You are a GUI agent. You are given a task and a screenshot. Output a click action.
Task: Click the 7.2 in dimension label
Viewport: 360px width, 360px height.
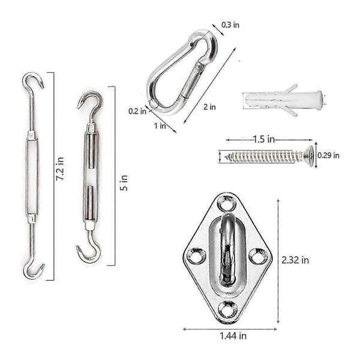(60, 169)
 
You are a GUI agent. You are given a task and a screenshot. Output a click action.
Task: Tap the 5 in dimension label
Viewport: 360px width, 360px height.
(124, 183)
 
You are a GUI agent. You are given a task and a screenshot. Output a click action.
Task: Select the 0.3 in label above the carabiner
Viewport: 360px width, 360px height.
(230, 25)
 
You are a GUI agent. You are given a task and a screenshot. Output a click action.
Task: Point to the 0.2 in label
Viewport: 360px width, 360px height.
(137, 112)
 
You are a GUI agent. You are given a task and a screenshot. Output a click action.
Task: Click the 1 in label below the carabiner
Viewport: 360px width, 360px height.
(160, 125)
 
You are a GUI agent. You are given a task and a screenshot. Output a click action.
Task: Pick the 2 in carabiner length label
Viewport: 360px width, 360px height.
(209, 107)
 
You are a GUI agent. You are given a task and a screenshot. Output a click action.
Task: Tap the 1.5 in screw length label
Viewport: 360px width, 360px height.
(264, 139)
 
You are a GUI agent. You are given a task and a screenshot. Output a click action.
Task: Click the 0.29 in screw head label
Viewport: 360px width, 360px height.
(328, 155)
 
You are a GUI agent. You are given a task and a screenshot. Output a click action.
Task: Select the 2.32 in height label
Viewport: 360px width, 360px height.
(295, 260)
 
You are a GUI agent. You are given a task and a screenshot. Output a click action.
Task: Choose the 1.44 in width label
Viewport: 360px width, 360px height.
(233, 336)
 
